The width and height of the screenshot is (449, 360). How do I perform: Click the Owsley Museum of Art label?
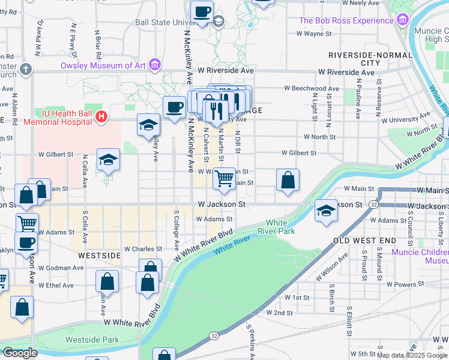(104, 65)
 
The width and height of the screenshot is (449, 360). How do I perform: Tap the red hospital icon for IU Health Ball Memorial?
(101, 116)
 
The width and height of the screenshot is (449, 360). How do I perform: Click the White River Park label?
(281, 227)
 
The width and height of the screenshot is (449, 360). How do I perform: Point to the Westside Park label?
(92, 340)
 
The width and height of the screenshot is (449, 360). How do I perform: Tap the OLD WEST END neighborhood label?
(364, 241)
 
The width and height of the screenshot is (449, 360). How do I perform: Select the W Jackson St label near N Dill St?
(221, 205)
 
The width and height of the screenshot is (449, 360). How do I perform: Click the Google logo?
(20, 352)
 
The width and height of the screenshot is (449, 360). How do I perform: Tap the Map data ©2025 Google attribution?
(412, 355)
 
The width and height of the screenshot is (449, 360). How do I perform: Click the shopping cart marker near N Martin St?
(224, 178)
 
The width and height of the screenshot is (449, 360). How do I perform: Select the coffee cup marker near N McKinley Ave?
(174, 107)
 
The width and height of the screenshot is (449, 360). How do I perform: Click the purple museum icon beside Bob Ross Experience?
(402, 21)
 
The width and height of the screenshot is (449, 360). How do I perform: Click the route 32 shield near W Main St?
(373, 205)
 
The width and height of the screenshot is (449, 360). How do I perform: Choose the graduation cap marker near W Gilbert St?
(108, 160)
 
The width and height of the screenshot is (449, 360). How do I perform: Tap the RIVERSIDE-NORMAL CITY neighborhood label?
(370, 59)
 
